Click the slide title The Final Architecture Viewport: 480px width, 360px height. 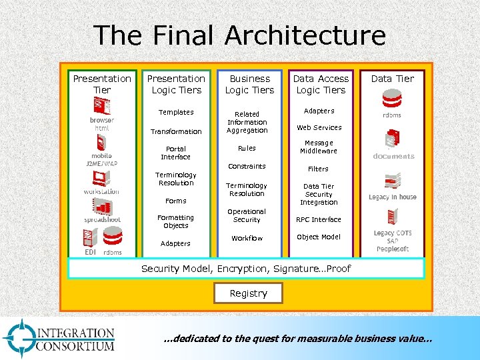coord(239,35)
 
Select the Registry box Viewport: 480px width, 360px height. coord(248,293)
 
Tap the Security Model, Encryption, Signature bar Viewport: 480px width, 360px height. coord(246,268)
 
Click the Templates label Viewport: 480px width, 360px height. coord(176,112)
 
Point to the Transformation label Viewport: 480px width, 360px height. coord(176,131)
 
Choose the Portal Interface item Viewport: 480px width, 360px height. coord(176,153)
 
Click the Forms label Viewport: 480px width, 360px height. coord(176,201)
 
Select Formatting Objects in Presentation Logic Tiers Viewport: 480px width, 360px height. coord(176,221)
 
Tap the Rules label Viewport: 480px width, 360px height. coord(247,148)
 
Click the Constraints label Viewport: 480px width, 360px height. coord(247,166)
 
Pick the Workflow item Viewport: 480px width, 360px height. coord(247,238)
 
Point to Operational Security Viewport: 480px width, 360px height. coord(247,215)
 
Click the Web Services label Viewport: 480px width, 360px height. coord(319,127)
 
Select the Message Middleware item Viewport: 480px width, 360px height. coord(319,147)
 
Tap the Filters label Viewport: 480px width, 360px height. coord(319,169)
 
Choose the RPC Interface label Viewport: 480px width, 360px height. coord(319,219)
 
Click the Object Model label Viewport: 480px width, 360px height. coord(319,237)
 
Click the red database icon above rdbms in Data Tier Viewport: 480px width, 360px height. coord(391,99)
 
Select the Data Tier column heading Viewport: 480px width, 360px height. coord(392,79)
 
